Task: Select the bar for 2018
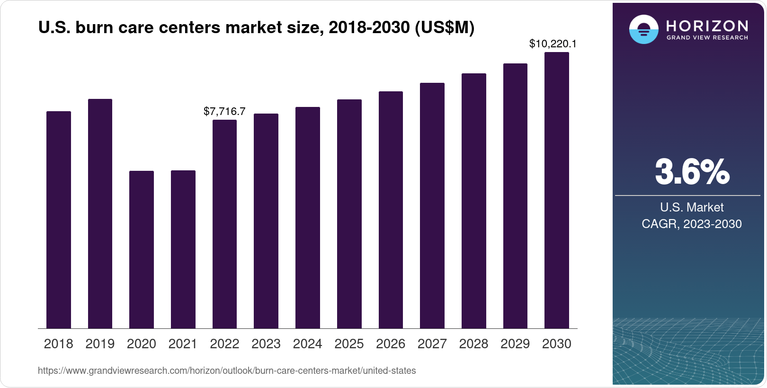59,220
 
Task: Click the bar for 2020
142,249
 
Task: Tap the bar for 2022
224,224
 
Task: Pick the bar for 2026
391,210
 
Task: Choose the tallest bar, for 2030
557,190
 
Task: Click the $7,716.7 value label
224,111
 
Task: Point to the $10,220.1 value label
553,44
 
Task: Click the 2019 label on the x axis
100,344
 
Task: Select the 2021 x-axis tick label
183,344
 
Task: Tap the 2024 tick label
307,344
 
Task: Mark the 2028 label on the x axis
473,344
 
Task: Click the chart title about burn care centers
256,28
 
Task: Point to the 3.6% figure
692,172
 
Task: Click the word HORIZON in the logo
707,26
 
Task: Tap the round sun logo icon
643,29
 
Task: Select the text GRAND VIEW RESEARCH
707,38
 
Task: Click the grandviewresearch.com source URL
227,371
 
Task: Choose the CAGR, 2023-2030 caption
692,224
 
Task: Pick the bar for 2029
515,196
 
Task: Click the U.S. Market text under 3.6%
692,207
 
